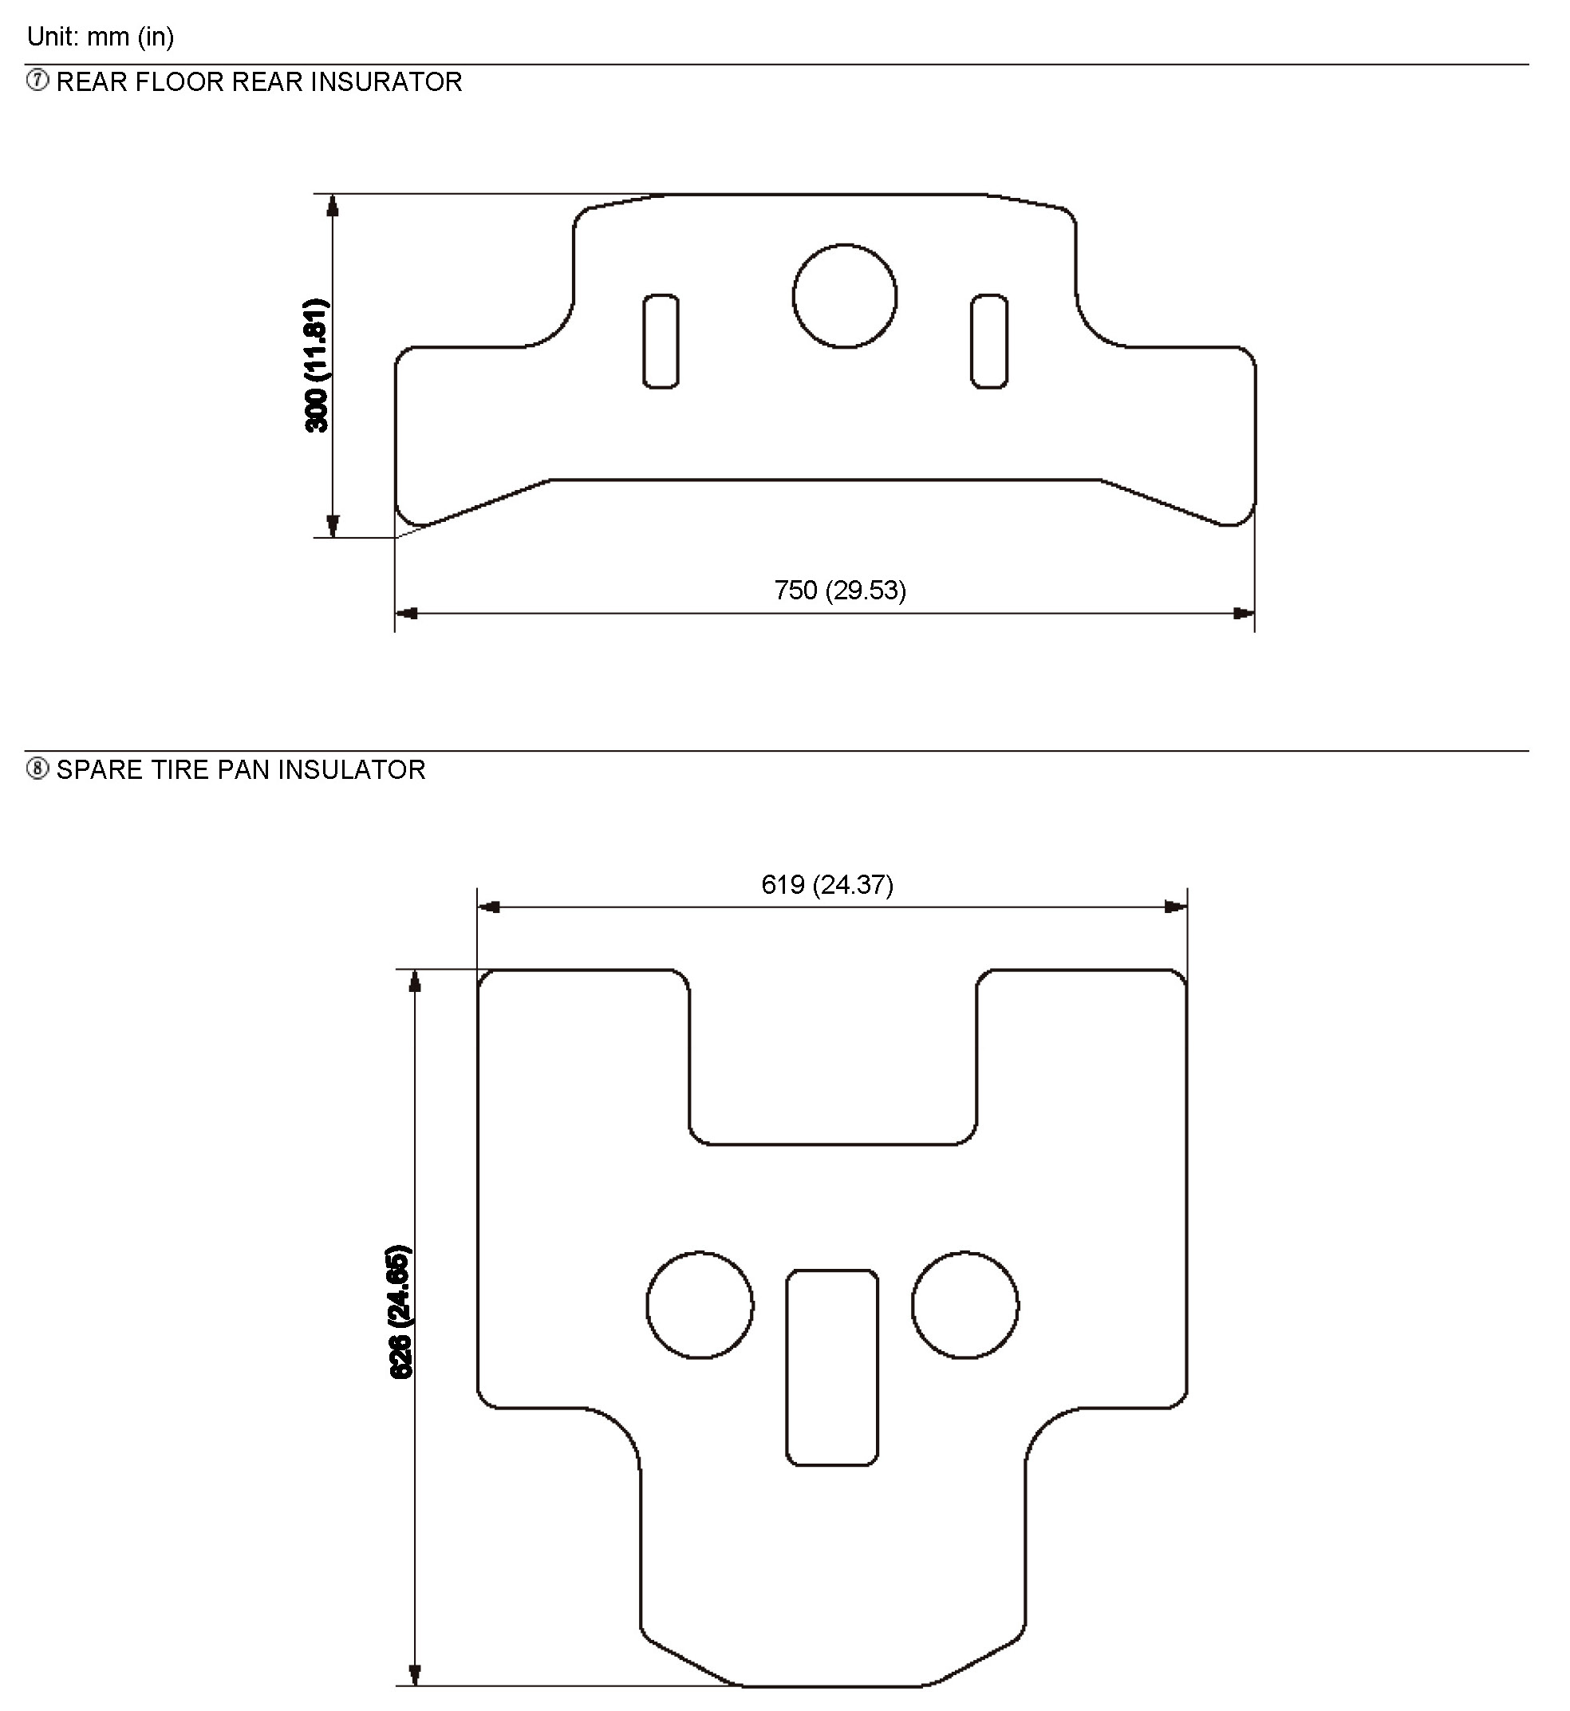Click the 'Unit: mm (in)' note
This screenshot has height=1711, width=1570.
click(x=101, y=37)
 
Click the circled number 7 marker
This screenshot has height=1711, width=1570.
click(x=37, y=81)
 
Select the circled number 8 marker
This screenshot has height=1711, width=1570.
click(x=37, y=769)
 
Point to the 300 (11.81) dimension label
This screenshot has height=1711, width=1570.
click(x=316, y=366)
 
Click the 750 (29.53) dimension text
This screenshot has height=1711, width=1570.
click(x=840, y=590)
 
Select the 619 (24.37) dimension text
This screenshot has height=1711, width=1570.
click(x=827, y=885)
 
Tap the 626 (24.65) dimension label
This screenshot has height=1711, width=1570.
click(x=400, y=1312)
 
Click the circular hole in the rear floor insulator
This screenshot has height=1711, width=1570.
click(x=845, y=245)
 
